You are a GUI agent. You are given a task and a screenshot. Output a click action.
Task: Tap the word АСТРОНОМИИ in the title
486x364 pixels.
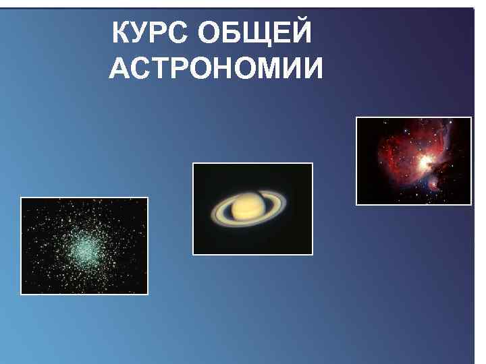pos(216,68)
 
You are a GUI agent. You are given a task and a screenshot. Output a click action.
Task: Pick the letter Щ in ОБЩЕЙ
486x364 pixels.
pos(261,34)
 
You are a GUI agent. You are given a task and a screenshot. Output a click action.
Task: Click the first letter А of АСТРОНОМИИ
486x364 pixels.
pos(119,68)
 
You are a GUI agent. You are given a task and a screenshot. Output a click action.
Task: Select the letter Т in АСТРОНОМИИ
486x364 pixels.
pos(160,68)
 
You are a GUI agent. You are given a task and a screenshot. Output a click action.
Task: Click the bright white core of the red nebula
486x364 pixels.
pos(425,162)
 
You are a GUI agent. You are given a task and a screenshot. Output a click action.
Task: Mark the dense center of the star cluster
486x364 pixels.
pos(83,249)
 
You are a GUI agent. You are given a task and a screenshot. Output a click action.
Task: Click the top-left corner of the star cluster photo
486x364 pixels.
pos(22,198)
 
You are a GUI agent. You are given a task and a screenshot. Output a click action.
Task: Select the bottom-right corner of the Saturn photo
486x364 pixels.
pos(313,254)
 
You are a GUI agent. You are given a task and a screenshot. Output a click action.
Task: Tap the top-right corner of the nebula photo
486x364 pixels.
pos(470,118)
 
